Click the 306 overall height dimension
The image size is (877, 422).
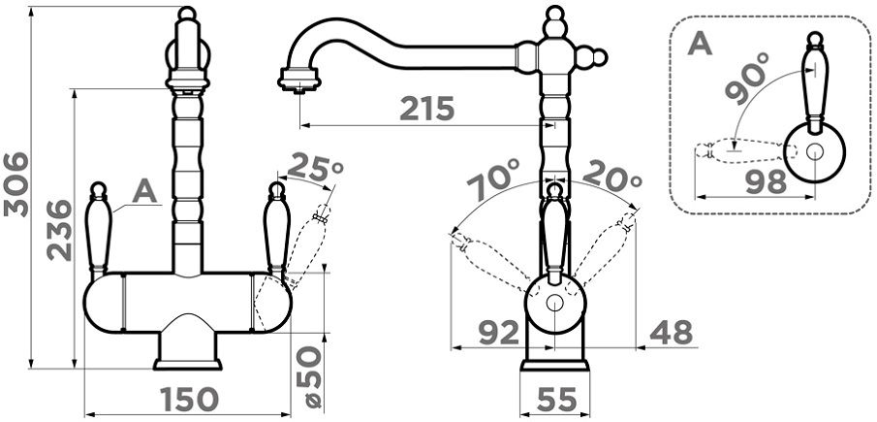pyautogui.click(x=16, y=184)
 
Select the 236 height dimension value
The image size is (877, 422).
pyautogui.click(x=60, y=231)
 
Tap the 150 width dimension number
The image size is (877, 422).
pyautogui.click(x=189, y=400)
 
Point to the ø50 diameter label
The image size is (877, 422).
pyautogui.click(x=309, y=377)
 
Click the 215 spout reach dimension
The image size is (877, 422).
pyautogui.click(x=427, y=109)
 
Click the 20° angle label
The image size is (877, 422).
pyautogui.click(x=611, y=175)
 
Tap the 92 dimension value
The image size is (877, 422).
pyautogui.click(x=499, y=334)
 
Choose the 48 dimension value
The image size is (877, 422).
pyautogui.click(x=672, y=334)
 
